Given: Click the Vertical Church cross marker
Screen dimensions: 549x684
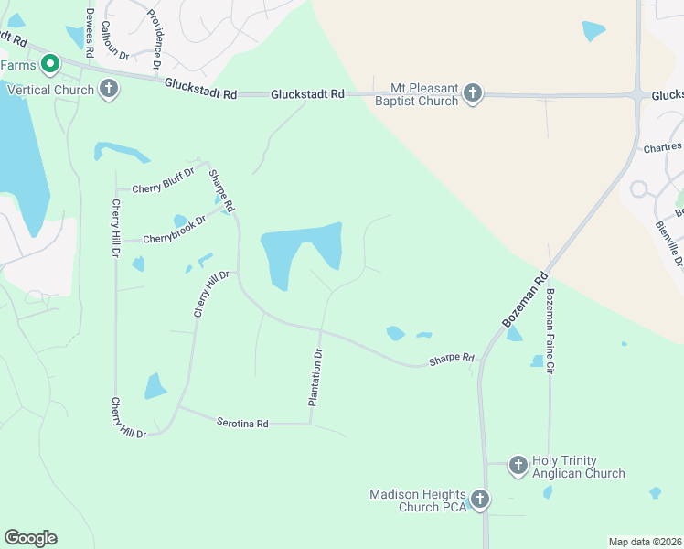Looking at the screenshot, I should pos(109,90).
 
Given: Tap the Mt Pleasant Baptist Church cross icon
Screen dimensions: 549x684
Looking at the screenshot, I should pos(473,93).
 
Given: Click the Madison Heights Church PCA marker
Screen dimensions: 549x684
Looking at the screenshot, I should pos(480,501).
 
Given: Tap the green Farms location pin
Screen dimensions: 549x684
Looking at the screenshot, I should pos(50,64).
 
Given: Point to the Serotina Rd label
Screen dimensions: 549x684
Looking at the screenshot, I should pos(242,423).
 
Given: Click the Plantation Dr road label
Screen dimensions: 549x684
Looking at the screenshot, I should pos(315,377).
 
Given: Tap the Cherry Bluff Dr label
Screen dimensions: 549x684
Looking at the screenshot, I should pos(164,179).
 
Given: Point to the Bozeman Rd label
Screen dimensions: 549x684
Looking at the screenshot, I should pos(525,300).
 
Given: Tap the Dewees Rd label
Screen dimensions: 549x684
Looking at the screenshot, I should pos(90,33).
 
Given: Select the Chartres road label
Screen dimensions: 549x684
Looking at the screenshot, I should pos(662,146).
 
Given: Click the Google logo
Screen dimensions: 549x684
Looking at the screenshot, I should pos(30,538).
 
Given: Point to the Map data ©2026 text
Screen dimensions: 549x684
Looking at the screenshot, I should pos(646,542).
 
